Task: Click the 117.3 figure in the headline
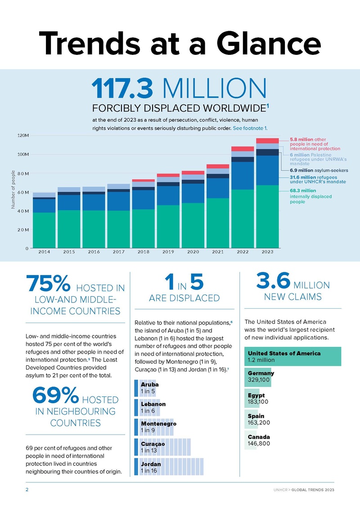click(121, 89)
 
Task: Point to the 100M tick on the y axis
click(23, 154)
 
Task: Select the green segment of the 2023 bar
click(268, 216)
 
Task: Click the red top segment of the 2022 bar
click(243, 149)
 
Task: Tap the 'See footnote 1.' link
click(256, 128)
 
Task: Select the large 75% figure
click(48, 284)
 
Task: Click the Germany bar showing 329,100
click(260, 377)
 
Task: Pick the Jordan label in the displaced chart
click(151, 464)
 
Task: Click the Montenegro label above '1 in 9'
click(158, 424)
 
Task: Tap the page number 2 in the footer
click(26, 490)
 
